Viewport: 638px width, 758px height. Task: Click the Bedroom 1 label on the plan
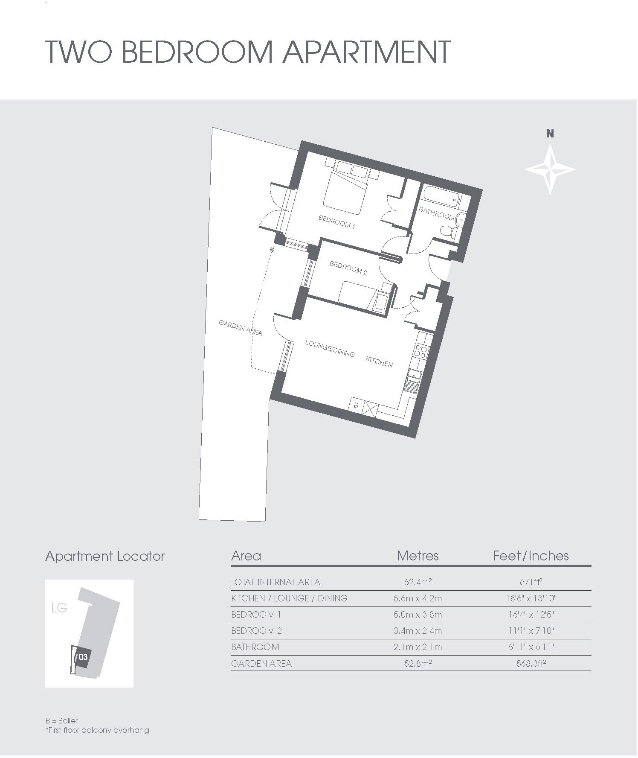point(336,222)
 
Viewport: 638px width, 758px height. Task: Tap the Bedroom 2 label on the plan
point(348,268)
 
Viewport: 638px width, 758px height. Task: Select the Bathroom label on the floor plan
point(436,213)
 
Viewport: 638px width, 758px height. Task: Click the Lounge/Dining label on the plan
point(330,348)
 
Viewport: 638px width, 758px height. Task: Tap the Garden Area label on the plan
point(240,327)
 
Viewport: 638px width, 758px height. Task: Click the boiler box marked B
point(356,405)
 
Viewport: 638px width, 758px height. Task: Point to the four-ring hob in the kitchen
point(421,351)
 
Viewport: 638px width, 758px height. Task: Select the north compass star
point(550,169)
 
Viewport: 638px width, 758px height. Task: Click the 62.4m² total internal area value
point(418,582)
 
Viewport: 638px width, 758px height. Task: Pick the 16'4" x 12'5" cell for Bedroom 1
point(531,615)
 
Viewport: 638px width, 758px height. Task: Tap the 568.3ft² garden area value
point(531,664)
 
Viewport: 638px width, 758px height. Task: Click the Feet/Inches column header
point(531,556)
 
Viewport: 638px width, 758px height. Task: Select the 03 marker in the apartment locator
point(83,657)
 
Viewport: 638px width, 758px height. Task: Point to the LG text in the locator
point(59,608)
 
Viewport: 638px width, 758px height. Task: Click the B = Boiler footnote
point(62,721)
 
